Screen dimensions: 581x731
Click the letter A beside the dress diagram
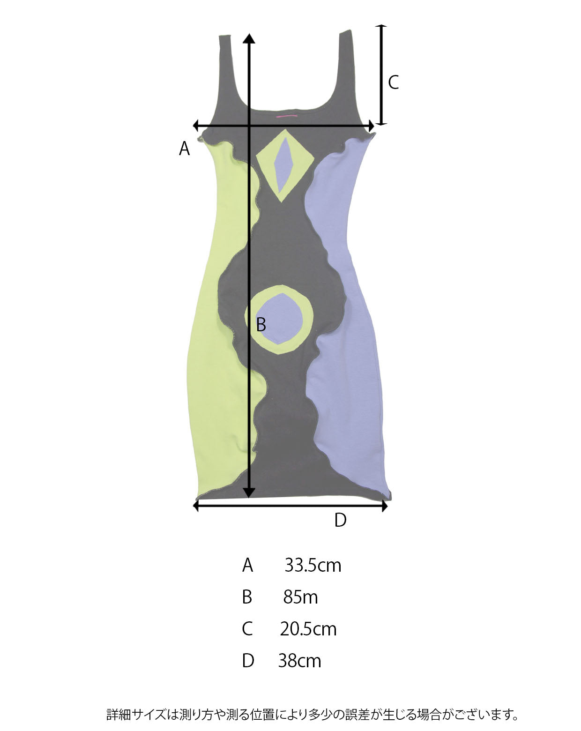(184, 149)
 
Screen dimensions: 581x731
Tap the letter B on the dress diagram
(261, 324)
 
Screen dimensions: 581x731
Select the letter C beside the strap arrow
(393, 82)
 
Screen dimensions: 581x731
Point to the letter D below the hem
(341, 520)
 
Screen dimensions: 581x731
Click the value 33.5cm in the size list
(313, 566)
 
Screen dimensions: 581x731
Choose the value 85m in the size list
(300, 597)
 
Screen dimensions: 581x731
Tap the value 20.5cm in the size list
(308, 629)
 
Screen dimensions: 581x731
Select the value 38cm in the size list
(299, 661)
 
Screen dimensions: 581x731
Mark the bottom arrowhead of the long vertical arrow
(249, 492)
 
